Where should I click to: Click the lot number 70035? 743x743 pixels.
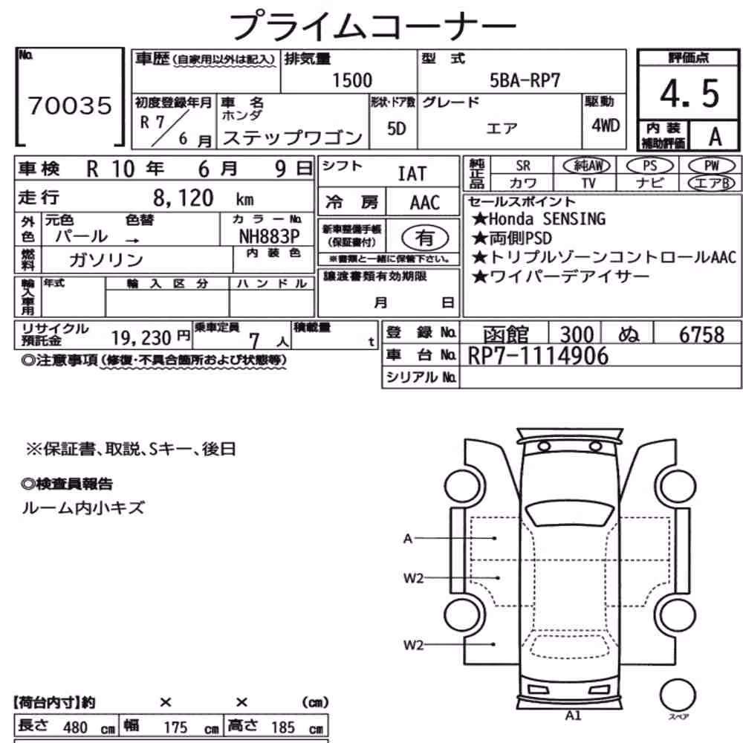coord(70,106)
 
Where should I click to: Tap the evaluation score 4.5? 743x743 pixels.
coord(690,94)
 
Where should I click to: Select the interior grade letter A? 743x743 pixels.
coord(715,137)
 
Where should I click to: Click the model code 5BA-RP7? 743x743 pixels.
coord(525,80)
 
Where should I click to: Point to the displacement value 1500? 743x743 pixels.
coord(352,80)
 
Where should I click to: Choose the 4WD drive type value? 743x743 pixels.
coord(606,126)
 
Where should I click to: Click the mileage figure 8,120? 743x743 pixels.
coord(184,198)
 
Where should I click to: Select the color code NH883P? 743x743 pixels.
coord(269,236)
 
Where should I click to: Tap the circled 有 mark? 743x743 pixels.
coord(424,238)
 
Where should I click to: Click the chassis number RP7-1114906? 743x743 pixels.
coord(538,357)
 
